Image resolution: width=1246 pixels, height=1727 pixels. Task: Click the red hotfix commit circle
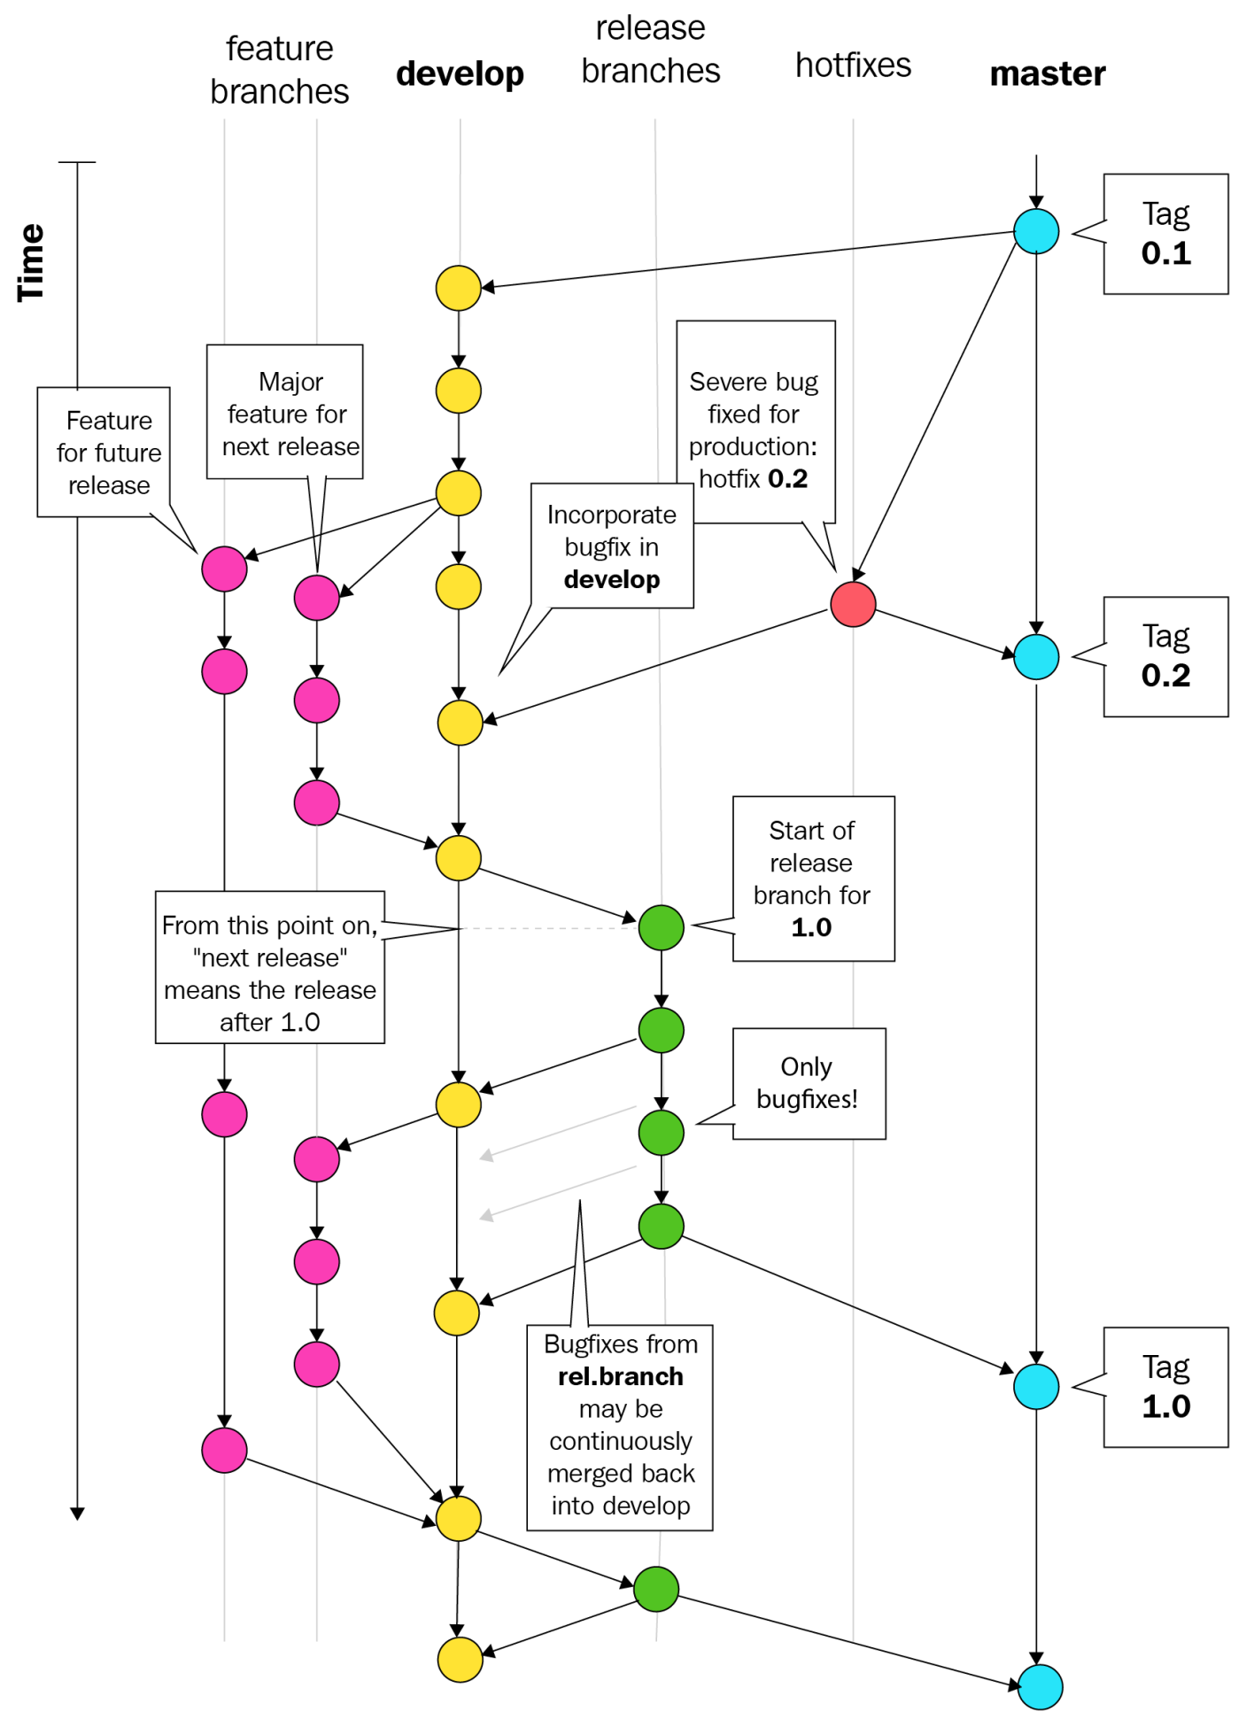[853, 604]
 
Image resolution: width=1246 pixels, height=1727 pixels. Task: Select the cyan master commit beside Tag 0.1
[1036, 231]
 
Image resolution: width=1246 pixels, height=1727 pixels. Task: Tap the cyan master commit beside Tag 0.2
[1036, 657]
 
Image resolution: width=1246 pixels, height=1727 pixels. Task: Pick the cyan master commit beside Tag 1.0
[1036, 1387]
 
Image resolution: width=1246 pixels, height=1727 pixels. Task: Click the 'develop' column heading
[460, 74]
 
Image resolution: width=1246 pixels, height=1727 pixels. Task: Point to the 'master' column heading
[1048, 74]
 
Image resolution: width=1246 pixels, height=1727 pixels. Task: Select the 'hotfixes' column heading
[853, 65]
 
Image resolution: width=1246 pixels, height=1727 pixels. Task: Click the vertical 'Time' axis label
[31, 263]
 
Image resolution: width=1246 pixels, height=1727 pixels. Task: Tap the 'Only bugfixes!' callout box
[809, 1083]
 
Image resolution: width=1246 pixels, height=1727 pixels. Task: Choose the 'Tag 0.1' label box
[1165, 234]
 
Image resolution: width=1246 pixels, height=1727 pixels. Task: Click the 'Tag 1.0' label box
[1165, 1387]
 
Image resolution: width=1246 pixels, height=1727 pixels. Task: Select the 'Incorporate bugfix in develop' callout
[612, 546]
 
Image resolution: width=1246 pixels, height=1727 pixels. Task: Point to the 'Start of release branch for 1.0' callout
[812, 879]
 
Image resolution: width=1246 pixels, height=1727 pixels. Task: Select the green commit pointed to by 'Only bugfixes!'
[662, 1133]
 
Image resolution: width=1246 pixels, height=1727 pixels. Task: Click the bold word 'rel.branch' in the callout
[620, 1376]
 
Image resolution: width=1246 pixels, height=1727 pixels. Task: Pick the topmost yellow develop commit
[459, 288]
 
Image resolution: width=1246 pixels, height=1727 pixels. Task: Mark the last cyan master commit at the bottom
[1040, 1687]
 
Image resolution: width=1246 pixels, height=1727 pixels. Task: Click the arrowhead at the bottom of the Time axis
[77, 1514]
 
